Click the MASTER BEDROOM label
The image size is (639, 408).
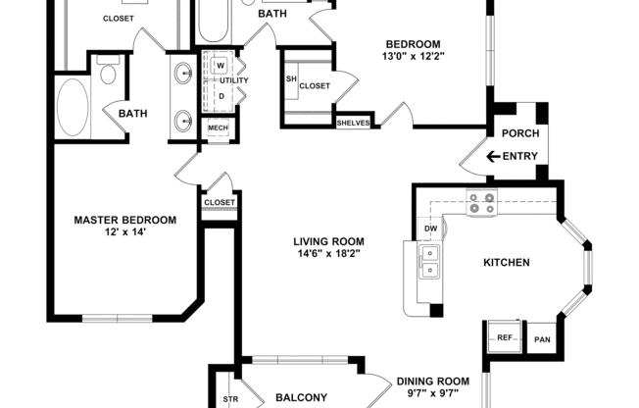[125, 221]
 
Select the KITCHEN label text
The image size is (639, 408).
[507, 263]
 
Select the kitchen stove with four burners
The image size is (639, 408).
[481, 203]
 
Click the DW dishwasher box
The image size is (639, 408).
[430, 229]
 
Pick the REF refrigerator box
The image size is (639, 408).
[506, 338]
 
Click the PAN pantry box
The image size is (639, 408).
[541, 339]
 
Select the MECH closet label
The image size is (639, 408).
[217, 127]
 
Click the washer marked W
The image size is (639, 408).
[221, 65]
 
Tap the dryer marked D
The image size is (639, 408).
[221, 95]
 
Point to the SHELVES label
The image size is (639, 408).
[353, 123]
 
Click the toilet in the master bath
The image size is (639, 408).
[107, 71]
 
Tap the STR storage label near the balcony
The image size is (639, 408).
[231, 399]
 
